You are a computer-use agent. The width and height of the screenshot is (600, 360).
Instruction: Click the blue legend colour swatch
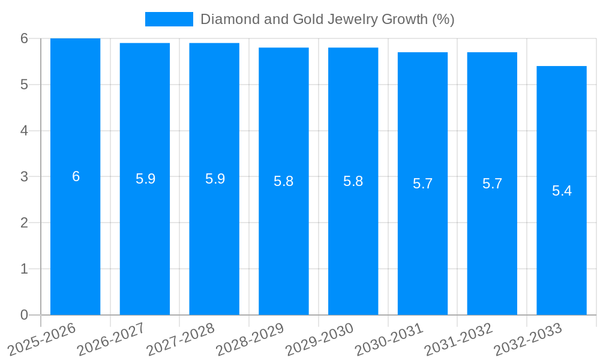coord(169,19)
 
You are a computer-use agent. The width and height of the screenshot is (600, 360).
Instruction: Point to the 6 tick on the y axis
coord(24,38)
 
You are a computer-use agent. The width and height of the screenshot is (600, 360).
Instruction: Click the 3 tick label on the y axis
coord(24,177)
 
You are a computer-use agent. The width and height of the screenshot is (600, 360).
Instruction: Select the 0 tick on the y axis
coord(24,315)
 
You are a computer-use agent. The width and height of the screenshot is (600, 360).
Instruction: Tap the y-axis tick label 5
coord(24,85)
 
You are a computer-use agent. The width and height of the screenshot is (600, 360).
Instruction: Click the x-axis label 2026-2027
coord(111,340)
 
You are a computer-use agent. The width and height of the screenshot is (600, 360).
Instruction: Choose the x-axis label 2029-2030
coord(319,340)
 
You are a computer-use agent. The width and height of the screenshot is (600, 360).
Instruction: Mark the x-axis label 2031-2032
coord(458,340)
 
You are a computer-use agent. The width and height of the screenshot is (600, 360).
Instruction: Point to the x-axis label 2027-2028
coord(181,340)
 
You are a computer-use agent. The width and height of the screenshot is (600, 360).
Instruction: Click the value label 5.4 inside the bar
coord(562,191)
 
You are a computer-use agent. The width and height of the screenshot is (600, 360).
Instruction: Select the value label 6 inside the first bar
coord(76,176)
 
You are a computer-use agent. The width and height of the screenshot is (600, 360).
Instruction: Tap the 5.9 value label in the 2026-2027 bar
coord(145,179)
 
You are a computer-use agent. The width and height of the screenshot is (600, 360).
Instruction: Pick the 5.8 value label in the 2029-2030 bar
coord(353,181)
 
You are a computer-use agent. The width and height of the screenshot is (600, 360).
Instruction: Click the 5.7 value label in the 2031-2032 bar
coord(492,184)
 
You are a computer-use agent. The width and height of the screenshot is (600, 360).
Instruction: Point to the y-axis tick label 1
coord(24,269)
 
